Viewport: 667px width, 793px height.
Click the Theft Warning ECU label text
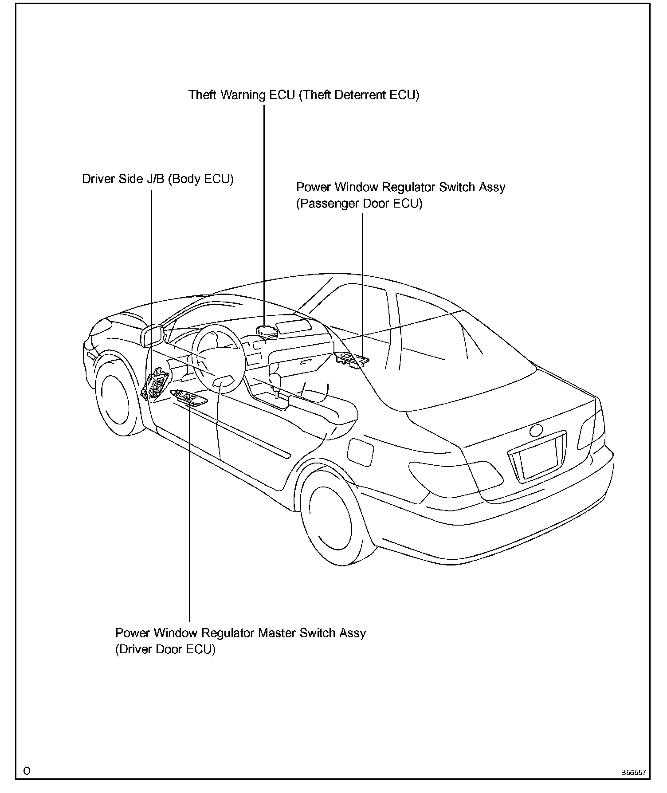pyautogui.click(x=304, y=95)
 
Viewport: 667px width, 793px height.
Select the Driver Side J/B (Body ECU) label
pyautogui.click(x=158, y=179)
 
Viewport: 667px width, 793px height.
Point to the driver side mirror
pyautogui.click(x=152, y=335)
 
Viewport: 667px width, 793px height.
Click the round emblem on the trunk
pyautogui.click(x=536, y=430)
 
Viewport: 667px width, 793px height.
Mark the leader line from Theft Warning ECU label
pyautogui.click(x=264, y=213)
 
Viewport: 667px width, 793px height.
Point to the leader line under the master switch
pyautogui.click(x=189, y=510)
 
